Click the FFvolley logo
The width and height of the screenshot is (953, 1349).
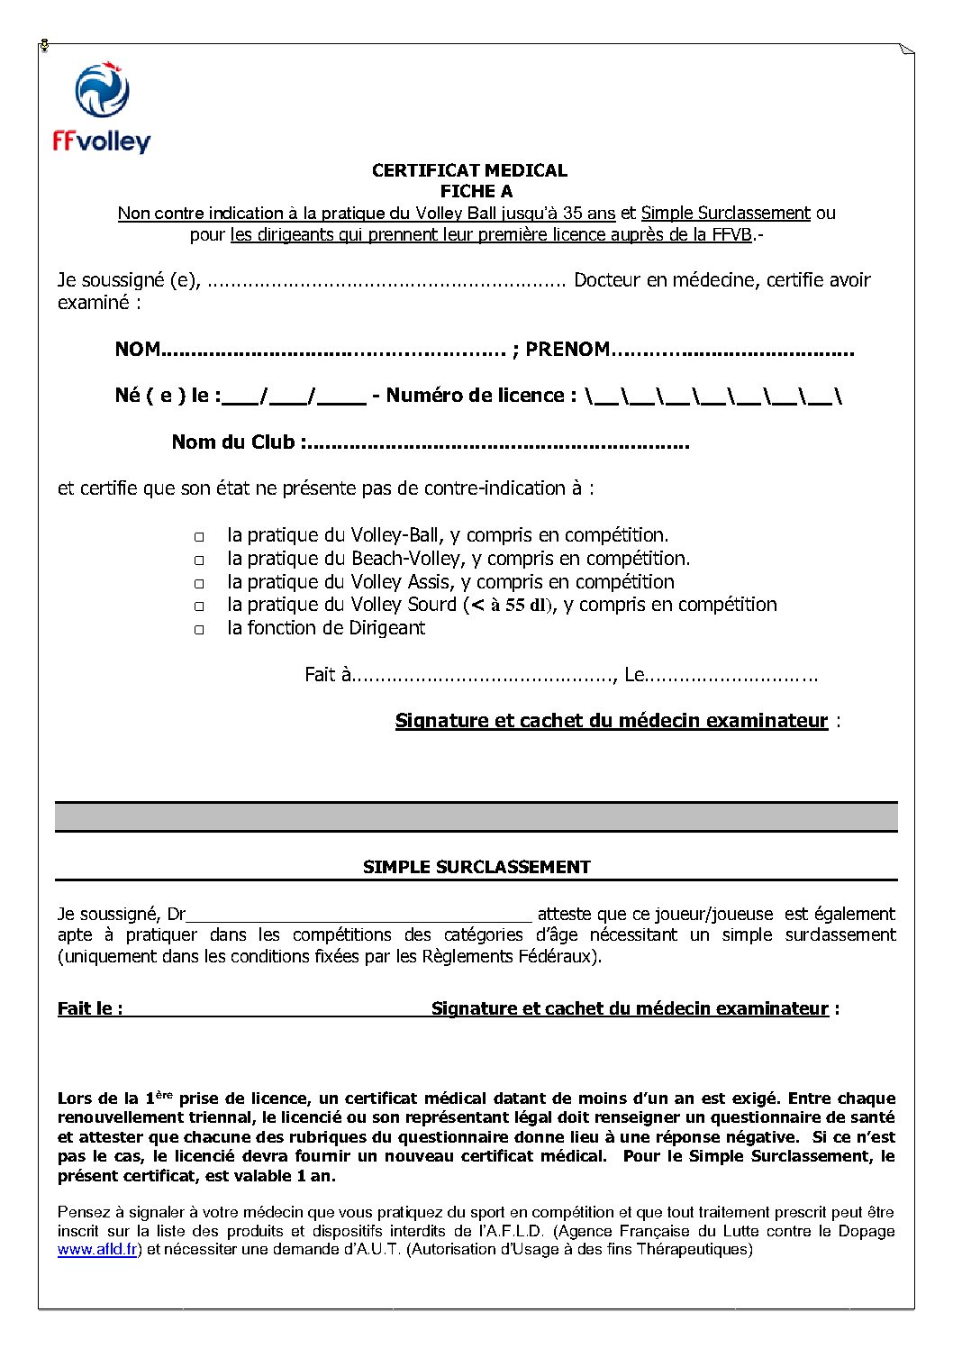coord(101,109)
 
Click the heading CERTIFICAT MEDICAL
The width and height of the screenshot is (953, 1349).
coord(469,170)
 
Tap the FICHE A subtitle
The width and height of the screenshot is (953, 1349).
coord(476,191)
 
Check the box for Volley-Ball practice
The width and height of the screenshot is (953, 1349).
coord(199,537)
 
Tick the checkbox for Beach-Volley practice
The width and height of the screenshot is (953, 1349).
coord(199,561)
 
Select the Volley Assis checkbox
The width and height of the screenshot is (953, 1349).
coord(199,584)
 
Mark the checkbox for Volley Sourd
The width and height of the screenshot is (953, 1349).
coord(199,606)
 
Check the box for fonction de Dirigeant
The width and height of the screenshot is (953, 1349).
coord(199,630)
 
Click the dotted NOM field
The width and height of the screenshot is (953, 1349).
coord(333,351)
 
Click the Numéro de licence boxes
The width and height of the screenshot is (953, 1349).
coord(712,396)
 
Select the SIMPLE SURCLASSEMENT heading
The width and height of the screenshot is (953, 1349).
coord(476,867)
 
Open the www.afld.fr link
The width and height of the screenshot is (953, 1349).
coord(97,1250)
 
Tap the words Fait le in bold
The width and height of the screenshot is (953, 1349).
coord(89,1008)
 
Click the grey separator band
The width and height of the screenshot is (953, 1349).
coord(476,817)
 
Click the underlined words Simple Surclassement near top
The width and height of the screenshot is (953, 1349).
coord(725,214)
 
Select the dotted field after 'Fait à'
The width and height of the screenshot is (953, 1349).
coord(483,676)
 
